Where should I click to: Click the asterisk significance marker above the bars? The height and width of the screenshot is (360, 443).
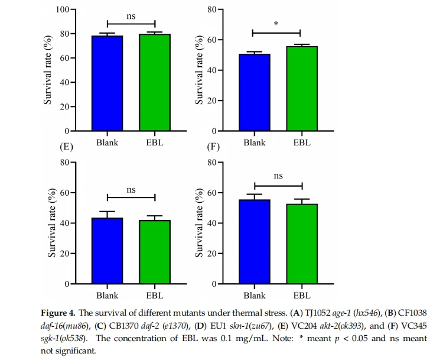coord(276,24)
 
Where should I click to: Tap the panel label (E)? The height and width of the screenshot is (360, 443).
coord(66,147)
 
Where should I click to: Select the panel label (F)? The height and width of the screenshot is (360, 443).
coord(213,147)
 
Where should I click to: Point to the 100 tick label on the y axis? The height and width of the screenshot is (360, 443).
coord(63,9)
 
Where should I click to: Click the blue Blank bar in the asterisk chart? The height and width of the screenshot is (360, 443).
coord(255,92)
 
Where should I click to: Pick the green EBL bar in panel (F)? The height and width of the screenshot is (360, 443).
coord(302,244)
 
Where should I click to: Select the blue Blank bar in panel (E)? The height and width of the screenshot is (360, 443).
coord(107,251)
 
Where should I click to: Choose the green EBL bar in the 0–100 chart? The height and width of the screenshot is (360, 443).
coord(155,82)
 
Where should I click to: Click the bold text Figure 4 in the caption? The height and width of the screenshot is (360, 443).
coord(58,313)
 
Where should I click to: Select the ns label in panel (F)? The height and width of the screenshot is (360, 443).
coord(278,176)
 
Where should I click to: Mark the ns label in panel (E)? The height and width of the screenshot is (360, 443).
coord(131,190)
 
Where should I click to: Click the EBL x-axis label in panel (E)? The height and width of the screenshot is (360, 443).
coord(155,296)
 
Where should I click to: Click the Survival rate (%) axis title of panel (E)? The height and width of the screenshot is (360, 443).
coord(51,223)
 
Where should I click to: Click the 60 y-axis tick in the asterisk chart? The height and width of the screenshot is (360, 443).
coord(212,40)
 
